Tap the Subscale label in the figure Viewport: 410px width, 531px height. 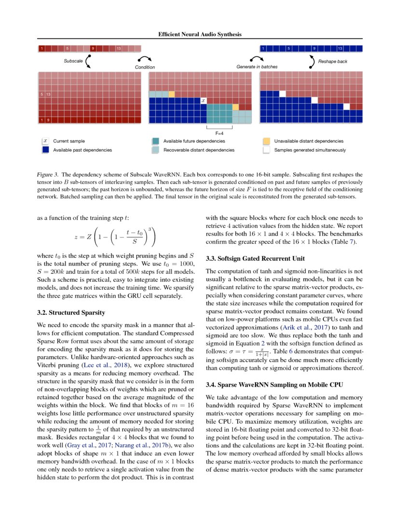point(73,61)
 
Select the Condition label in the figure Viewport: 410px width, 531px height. point(145,67)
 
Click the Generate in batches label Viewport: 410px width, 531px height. point(257,67)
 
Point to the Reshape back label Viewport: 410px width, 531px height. point(332,61)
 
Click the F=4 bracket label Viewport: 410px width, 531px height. point(219,132)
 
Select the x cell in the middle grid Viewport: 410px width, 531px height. point(204,100)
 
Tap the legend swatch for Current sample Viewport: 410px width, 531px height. point(45,141)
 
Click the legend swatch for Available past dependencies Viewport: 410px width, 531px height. point(45,150)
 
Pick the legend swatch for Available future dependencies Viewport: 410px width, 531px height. point(155,141)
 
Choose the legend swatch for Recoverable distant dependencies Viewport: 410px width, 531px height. point(155,150)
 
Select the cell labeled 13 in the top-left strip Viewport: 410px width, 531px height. point(119,49)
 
